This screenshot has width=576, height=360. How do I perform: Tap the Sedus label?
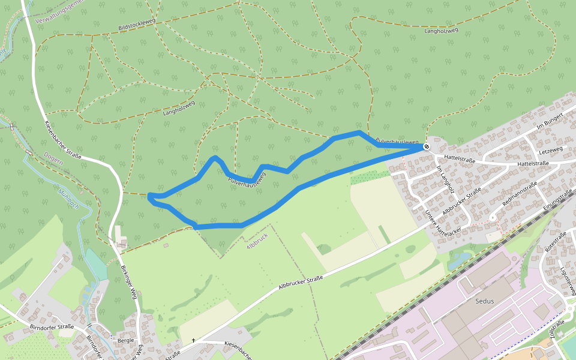click(484, 301)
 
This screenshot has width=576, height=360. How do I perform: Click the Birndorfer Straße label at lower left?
click(52, 327)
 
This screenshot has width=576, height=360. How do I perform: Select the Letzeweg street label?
click(550, 149)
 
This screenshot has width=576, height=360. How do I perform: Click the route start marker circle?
click(426, 146)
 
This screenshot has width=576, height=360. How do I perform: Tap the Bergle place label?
click(126, 340)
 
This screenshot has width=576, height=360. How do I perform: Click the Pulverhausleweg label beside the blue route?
click(247, 178)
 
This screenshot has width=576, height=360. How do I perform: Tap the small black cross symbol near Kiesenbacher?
click(194, 340)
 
